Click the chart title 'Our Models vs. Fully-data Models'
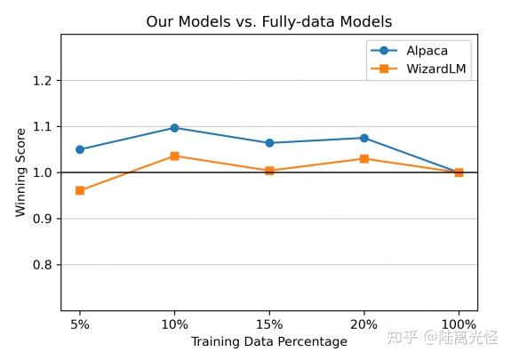pos(268,20)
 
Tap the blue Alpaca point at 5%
pos(80,149)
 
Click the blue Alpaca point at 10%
pos(174,128)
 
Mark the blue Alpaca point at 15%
pos(269,143)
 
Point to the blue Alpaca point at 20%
pos(364,138)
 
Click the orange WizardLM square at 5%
pos(80,190)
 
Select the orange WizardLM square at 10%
pos(174,156)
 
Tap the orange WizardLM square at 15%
pos(269,171)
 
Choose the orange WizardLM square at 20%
pos(364,158)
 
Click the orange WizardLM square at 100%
pos(459,172)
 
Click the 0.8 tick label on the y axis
pos(43,265)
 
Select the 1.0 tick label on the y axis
pos(43,172)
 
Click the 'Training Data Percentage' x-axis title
pos(269,341)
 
